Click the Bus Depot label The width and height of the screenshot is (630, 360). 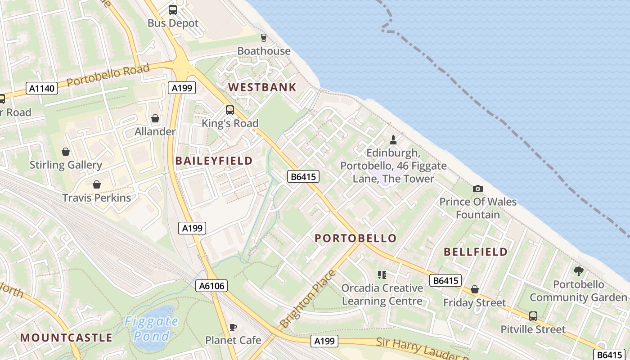coord(173,23)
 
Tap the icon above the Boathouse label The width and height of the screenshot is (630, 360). coord(264,37)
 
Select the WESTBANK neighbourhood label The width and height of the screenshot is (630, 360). coord(262,87)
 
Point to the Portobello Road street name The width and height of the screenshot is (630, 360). coord(108,76)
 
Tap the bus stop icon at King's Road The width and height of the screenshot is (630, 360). coord(230,110)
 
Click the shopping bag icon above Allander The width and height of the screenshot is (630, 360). coord(155,118)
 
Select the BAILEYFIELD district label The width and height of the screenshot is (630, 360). coord(214,161)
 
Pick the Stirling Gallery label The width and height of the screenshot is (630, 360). coord(66,165)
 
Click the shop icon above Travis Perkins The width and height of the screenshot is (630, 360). coord(96,184)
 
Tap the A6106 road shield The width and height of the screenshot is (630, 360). coord(211,285)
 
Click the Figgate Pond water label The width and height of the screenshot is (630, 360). coord(151,328)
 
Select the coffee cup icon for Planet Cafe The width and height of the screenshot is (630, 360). coord(233,327)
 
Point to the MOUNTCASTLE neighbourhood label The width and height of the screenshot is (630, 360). coord(66,337)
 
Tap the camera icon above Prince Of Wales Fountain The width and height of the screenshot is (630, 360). coord(478,189)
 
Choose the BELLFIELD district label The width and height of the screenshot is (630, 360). coord(476,252)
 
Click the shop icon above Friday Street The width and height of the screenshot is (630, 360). coord(475,289)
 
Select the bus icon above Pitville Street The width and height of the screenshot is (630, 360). coord(533,316)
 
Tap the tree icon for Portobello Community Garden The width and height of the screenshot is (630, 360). coord(578,271)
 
